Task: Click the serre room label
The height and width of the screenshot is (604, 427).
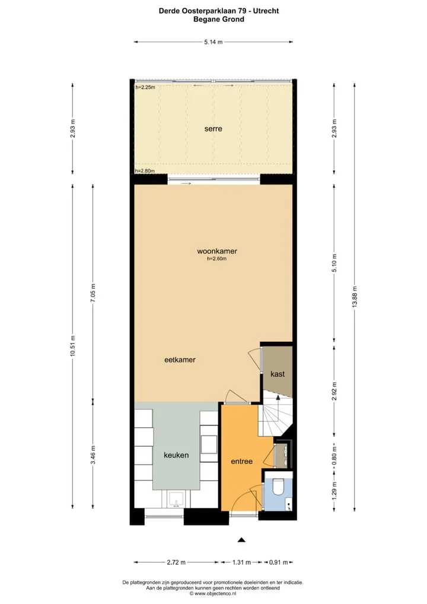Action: [x=213, y=129]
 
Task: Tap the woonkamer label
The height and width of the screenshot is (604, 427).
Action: [x=217, y=251]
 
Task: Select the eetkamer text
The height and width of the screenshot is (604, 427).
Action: [x=180, y=360]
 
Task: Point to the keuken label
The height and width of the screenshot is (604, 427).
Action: [x=176, y=455]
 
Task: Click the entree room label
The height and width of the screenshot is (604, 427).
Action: [x=242, y=461]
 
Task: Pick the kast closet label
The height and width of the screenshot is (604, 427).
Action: [x=278, y=374]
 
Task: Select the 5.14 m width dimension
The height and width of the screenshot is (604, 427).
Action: [x=213, y=42]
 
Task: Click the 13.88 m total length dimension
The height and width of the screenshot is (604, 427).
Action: [x=355, y=297]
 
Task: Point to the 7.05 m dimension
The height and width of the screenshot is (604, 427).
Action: [x=93, y=293]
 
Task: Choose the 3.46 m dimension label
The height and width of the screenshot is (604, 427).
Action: [x=93, y=455]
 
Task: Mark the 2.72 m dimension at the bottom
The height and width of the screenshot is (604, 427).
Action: [x=176, y=562]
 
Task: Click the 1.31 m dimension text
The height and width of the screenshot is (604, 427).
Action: [x=241, y=562]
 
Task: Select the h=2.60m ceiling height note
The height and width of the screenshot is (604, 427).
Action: [x=217, y=259]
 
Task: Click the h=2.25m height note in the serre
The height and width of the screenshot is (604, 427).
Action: [x=145, y=87]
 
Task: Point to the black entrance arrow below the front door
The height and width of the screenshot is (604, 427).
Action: [x=241, y=540]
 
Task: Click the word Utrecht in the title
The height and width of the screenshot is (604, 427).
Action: [x=266, y=11]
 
